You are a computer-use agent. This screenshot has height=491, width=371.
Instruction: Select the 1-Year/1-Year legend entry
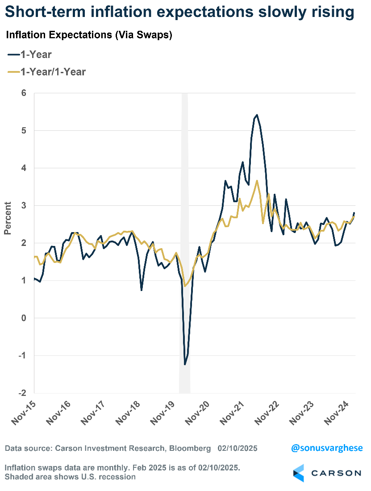pyautogui.click(x=46, y=71)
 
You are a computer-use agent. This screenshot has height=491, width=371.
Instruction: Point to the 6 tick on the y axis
pyautogui.click(x=23, y=93)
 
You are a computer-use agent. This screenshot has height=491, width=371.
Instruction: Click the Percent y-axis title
pyautogui.click(x=8, y=218)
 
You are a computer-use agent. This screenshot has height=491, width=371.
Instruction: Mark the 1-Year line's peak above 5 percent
pyautogui.click(x=257, y=115)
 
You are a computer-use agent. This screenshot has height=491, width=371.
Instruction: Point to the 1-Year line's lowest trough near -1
pyautogui.click(x=185, y=365)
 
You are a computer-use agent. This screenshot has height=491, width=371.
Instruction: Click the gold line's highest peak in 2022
pyautogui.click(x=257, y=181)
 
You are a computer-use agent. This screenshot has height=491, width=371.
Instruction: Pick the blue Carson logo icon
pyautogui.click(x=298, y=473)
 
